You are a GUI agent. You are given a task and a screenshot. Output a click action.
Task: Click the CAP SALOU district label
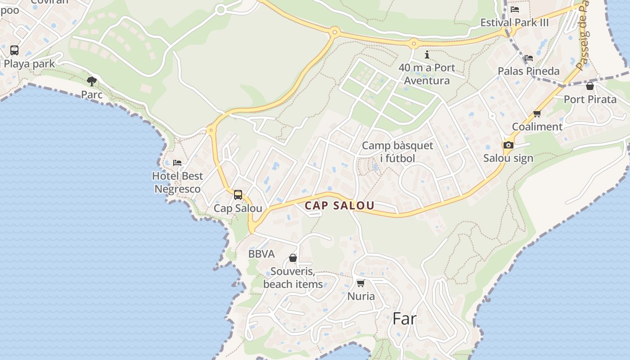pyautogui.click(x=340, y=206)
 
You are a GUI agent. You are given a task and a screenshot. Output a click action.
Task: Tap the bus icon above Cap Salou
pyautogui.click(x=238, y=195)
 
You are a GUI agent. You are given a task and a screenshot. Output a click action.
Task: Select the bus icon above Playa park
pyautogui.click(x=14, y=50)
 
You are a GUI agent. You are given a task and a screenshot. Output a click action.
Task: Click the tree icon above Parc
pyautogui.click(x=92, y=81)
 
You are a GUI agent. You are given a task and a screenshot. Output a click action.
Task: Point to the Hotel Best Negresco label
pyautogui.click(x=177, y=182)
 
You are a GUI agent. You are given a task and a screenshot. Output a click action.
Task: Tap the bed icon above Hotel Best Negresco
pyautogui.click(x=177, y=162)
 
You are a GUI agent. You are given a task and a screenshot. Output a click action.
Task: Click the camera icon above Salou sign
pyautogui.click(x=508, y=145)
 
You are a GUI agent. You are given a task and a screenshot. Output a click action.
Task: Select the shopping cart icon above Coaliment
pyautogui.click(x=537, y=113)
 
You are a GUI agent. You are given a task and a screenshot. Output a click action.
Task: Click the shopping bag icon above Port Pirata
pyautogui.click(x=590, y=86)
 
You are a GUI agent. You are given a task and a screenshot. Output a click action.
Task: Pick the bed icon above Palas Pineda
pyautogui.click(x=529, y=58)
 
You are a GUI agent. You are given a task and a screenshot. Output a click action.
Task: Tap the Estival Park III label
pyautogui.click(x=514, y=22)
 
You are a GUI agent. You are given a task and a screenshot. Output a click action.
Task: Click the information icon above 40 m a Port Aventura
pyautogui.click(x=427, y=54)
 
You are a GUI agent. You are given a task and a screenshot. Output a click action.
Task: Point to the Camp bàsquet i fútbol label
pyautogui.click(x=397, y=152)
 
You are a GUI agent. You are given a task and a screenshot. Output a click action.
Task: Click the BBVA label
pyautogui.click(x=261, y=254)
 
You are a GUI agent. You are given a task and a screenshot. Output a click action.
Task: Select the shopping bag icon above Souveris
pyautogui.click(x=293, y=258)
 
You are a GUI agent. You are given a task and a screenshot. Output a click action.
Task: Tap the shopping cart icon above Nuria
pyautogui.click(x=360, y=283)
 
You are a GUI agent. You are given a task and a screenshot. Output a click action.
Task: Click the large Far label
pyautogui.click(x=405, y=319)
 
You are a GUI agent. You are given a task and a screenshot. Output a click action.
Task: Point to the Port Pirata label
pyautogui.click(x=590, y=99)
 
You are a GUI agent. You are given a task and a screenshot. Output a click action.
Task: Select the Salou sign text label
pyautogui.click(x=508, y=158)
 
